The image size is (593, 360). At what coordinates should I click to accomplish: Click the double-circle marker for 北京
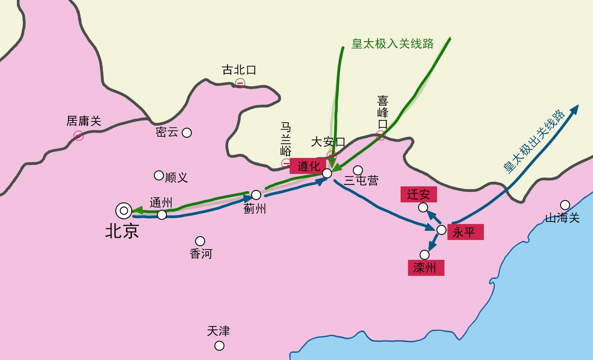(124, 211)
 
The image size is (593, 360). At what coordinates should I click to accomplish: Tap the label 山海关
(562, 218)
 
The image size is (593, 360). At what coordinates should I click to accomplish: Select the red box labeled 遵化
(308, 165)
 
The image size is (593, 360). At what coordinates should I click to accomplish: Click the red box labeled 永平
(465, 232)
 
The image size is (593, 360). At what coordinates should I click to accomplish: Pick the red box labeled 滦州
(426, 268)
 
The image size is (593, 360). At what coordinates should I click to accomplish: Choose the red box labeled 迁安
(418, 195)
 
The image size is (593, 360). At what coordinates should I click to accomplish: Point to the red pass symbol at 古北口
(240, 83)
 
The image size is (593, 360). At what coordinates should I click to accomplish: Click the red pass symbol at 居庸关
(78, 135)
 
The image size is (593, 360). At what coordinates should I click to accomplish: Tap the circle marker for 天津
(220, 346)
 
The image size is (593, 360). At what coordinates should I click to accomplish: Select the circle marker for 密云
(187, 133)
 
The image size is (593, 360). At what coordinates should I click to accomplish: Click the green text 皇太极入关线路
(392, 44)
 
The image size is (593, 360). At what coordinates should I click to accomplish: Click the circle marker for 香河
(200, 241)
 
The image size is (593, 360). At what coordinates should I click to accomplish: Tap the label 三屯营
(361, 181)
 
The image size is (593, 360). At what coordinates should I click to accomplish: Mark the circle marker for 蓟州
(256, 195)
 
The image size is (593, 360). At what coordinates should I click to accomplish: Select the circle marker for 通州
(162, 215)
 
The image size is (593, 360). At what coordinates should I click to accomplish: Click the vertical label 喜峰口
(383, 112)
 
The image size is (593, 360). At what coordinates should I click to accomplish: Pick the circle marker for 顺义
(159, 176)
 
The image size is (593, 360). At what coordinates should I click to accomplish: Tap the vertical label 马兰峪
(286, 139)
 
